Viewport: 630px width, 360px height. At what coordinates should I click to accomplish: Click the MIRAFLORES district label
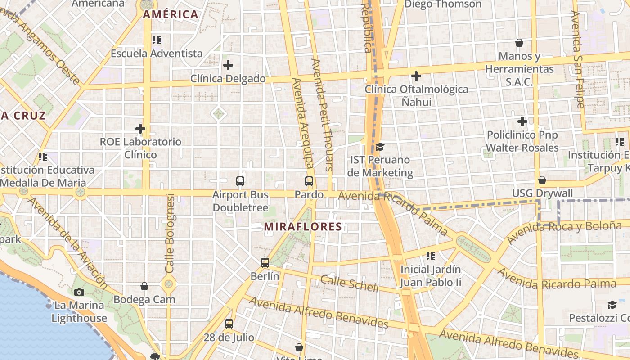click(303, 226)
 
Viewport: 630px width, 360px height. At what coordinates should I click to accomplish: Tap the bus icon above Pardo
click(309, 181)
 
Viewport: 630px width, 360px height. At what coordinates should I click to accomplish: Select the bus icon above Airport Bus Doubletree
click(240, 181)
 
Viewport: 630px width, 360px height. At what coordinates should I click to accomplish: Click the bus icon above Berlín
click(265, 262)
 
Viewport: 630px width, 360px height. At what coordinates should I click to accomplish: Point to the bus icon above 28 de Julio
click(229, 324)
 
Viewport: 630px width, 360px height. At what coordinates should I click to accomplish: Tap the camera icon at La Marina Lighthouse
click(79, 292)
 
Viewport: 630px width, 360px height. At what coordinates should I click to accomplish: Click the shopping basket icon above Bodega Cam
click(144, 286)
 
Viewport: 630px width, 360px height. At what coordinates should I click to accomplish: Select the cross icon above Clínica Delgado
click(228, 65)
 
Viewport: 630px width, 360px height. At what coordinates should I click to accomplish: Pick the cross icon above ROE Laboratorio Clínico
click(140, 129)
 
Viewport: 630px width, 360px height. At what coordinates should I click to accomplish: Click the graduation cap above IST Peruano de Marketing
click(380, 147)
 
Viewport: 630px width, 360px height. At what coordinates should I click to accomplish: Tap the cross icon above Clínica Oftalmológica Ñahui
click(416, 76)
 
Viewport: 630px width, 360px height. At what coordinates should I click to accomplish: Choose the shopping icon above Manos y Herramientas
click(519, 43)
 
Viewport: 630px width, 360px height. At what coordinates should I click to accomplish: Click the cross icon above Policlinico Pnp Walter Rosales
click(522, 121)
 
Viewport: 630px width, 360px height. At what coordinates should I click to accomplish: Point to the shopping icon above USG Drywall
click(542, 180)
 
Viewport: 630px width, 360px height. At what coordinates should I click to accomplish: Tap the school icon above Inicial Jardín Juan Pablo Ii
click(431, 256)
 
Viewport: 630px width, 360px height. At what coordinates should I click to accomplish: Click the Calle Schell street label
click(350, 283)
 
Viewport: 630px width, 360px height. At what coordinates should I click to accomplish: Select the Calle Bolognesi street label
click(170, 233)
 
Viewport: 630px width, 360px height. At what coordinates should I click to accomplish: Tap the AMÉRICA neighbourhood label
click(171, 14)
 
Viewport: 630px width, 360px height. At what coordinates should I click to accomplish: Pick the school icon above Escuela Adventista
click(157, 40)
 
